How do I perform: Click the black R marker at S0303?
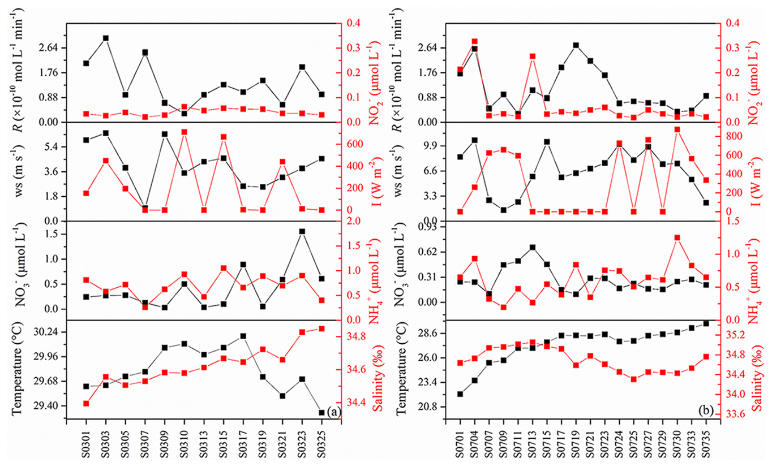(106, 38)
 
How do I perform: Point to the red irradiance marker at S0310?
(184, 132)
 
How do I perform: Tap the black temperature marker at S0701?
(460, 394)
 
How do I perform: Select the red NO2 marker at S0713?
(533, 56)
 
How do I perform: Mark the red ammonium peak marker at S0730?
(677, 237)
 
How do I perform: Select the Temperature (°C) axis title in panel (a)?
(18, 370)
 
